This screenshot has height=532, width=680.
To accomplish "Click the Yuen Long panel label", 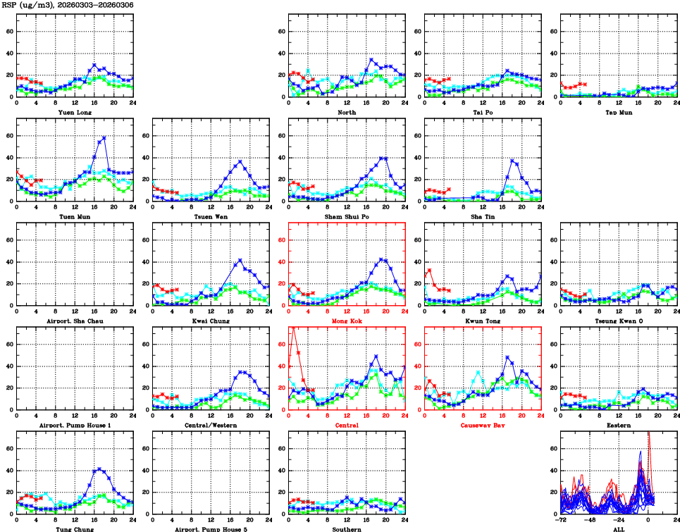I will click(74, 111).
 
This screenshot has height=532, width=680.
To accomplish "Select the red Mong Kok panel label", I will click(346, 321).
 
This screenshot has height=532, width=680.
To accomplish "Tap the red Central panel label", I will click(346, 426).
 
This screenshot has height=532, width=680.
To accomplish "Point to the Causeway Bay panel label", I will click(483, 426).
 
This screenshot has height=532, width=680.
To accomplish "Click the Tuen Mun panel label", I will click(74, 216).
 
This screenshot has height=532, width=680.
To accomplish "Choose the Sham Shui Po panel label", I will click(346, 216).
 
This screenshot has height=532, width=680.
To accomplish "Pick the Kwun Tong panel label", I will click(483, 321).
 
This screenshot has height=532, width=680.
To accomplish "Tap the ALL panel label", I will click(618, 529).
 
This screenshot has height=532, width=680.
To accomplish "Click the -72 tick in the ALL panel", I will click(562, 519).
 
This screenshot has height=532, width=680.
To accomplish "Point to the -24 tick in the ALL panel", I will click(619, 519).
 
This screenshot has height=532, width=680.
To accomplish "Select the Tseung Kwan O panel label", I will click(618, 321).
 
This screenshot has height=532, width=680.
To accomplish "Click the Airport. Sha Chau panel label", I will click(74, 321).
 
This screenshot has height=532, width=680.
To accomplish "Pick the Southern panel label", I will click(346, 529).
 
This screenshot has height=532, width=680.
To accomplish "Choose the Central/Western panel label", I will click(210, 426).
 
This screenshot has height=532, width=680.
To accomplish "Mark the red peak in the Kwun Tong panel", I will click(429, 270).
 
